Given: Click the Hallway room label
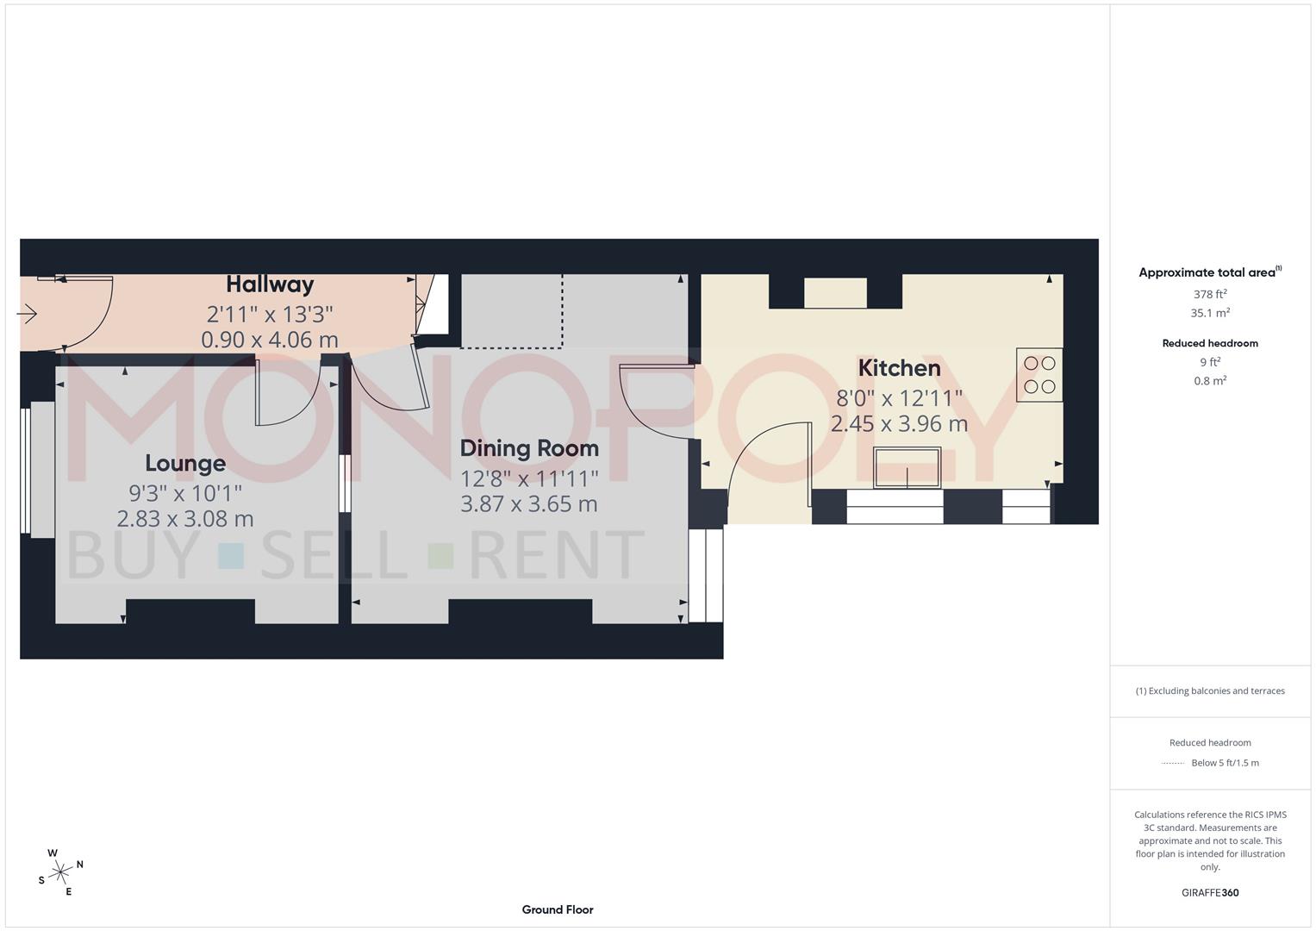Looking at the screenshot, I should click(270, 284).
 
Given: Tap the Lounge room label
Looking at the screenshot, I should click(185, 464).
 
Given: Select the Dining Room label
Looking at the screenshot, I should click(529, 448).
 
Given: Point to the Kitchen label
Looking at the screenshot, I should click(899, 368).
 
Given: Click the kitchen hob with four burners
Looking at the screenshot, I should click(1039, 375).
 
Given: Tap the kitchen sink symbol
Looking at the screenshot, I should click(907, 467).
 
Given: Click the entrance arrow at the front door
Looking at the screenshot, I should click(27, 314).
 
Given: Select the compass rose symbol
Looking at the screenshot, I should click(60, 872).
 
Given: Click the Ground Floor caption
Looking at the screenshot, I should click(558, 909).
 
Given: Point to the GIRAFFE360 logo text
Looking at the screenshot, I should click(1210, 893).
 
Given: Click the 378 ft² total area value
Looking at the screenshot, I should click(1210, 294).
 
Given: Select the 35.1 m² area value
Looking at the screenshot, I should click(1210, 314).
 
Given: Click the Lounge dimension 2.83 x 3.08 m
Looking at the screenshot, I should click(185, 519).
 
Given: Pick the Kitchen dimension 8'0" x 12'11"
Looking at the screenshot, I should click(899, 399).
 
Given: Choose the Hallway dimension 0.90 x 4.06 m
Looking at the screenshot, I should click(270, 341).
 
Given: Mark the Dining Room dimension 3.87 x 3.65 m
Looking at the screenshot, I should click(529, 504).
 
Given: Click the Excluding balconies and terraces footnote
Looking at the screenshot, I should click(1210, 691).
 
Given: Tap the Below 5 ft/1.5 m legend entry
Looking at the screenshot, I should click(1225, 763).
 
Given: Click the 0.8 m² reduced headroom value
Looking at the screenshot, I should click(1210, 381).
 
